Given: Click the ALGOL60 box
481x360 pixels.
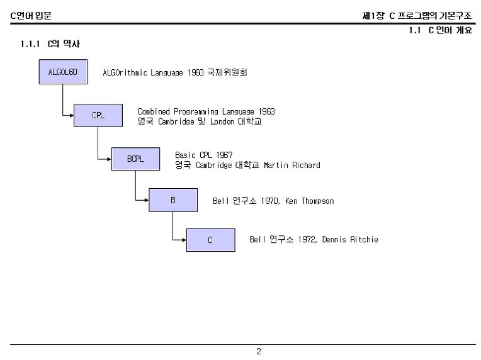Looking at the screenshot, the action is (63, 72).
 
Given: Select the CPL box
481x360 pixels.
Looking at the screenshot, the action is (98, 115).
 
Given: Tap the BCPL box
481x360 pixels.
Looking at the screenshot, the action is (135, 159).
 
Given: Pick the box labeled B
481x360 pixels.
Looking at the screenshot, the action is (173, 200).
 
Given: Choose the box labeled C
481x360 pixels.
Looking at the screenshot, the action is (211, 240).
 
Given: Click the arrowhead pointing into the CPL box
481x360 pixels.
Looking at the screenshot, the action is (72, 116).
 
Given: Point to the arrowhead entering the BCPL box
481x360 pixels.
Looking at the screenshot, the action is (109, 159).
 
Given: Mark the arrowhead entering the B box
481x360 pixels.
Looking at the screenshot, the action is (147, 200).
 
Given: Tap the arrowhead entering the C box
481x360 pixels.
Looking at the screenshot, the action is (184, 240).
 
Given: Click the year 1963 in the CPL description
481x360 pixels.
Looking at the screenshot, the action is (266, 111).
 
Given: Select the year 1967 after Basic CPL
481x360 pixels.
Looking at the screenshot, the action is (224, 155).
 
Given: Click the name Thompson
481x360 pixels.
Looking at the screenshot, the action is (318, 201).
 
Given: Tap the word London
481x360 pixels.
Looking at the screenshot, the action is (222, 121).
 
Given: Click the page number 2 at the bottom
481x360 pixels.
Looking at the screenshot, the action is (259, 351).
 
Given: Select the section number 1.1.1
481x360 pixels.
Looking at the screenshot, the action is (30, 44).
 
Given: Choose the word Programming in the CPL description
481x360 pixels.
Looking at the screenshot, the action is (196, 111).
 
